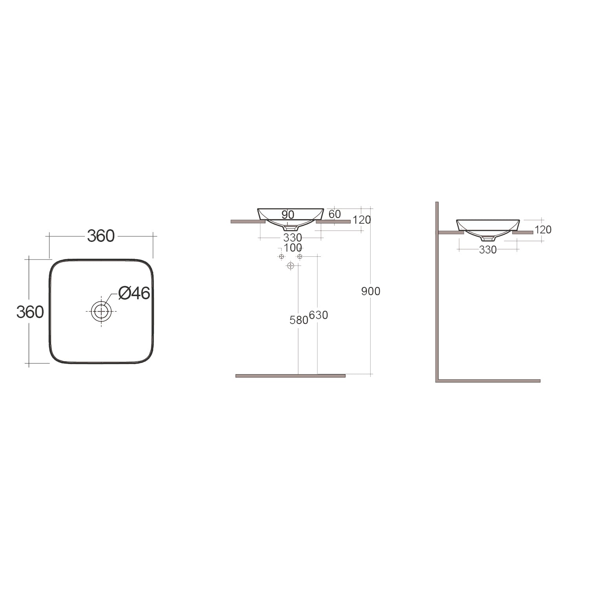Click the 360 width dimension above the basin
click(x=101, y=236)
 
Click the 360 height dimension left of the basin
click(x=30, y=312)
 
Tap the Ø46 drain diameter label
click(x=134, y=293)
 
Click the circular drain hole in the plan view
click(x=101, y=311)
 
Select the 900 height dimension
click(x=371, y=291)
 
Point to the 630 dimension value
click(x=318, y=315)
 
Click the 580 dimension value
click(x=298, y=320)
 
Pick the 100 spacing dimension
click(x=293, y=248)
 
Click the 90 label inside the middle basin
click(x=288, y=215)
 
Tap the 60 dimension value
click(x=335, y=214)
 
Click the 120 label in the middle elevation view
click(x=362, y=220)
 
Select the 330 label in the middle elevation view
click(x=293, y=238)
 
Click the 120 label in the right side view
click(x=543, y=230)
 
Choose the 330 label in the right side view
click(x=488, y=250)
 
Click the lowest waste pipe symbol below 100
click(x=291, y=266)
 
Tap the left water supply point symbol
click(x=281, y=256)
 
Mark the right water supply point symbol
click(x=300, y=256)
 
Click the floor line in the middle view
click(x=290, y=376)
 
